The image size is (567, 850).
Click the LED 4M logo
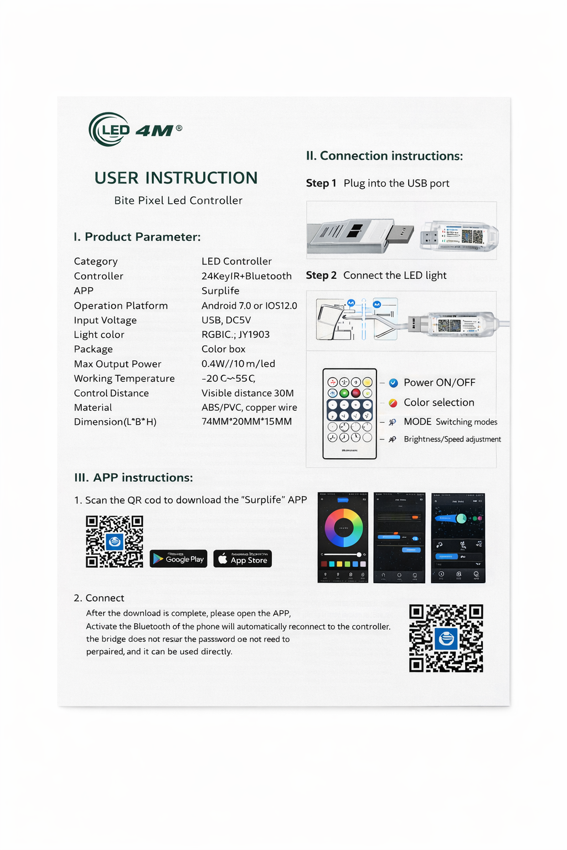135,129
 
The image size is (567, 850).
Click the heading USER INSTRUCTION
176,178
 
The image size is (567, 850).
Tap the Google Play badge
178,559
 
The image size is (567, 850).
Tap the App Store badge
243,559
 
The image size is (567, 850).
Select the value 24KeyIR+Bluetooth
246,276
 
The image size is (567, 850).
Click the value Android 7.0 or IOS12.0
249,305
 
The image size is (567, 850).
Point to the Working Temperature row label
124,379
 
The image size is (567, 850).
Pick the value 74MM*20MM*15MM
246,422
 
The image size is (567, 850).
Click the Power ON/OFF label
439,382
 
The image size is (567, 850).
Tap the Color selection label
439,402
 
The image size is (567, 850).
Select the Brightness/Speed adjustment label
452,439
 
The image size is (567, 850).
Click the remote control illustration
349,413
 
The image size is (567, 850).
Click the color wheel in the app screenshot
343,528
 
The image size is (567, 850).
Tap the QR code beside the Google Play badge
115,542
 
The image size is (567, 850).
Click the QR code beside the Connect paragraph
446,638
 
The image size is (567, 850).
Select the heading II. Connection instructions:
384,156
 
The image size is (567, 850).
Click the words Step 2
321,276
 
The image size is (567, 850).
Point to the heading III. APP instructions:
133,478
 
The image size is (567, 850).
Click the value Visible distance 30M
248,393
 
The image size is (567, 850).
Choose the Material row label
93,408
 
